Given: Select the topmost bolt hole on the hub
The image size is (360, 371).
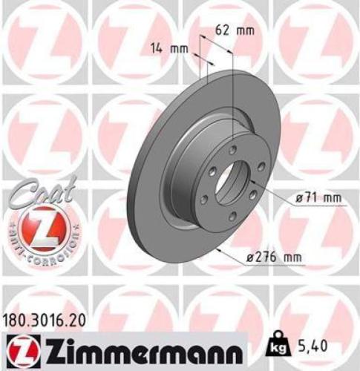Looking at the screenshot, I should [232, 149].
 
